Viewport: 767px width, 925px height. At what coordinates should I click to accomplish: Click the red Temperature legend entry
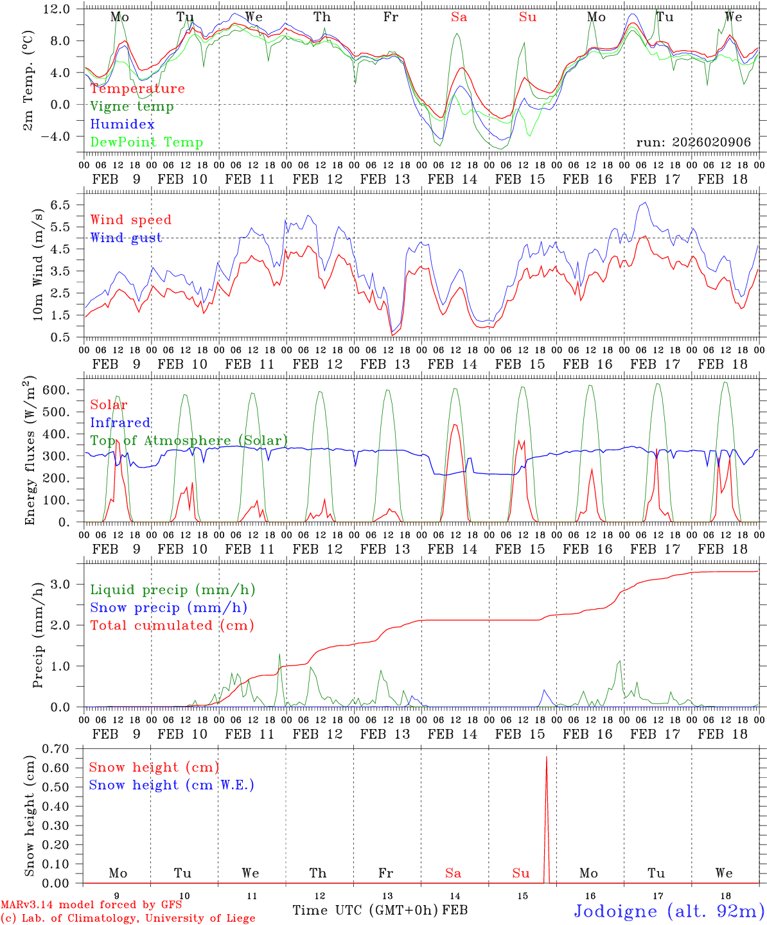(x=137, y=89)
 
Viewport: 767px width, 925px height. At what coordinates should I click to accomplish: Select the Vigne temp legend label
(x=132, y=107)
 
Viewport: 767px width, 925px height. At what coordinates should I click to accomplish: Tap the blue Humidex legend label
(x=122, y=125)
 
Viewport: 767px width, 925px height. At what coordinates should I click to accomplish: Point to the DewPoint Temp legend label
(x=146, y=143)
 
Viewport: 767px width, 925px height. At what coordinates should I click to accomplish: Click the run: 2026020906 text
(x=693, y=143)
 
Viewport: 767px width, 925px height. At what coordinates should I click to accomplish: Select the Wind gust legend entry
(x=126, y=238)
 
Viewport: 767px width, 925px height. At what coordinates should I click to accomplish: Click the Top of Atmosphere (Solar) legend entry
(x=189, y=441)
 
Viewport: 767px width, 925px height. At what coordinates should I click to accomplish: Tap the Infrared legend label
(x=120, y=423)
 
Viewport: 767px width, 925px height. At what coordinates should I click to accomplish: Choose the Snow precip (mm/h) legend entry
(x=168, y=608)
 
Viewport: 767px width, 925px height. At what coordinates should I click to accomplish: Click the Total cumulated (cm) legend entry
(x=172, y=626)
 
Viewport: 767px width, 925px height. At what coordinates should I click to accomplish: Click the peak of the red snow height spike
(x=547, y=757)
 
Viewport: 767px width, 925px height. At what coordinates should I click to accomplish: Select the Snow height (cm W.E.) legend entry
(x=171, y=785)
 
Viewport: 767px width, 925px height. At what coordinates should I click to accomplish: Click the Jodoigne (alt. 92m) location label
(x=669, y=911)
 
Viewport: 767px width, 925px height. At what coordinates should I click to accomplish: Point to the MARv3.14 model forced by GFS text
(x=91, y=905)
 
